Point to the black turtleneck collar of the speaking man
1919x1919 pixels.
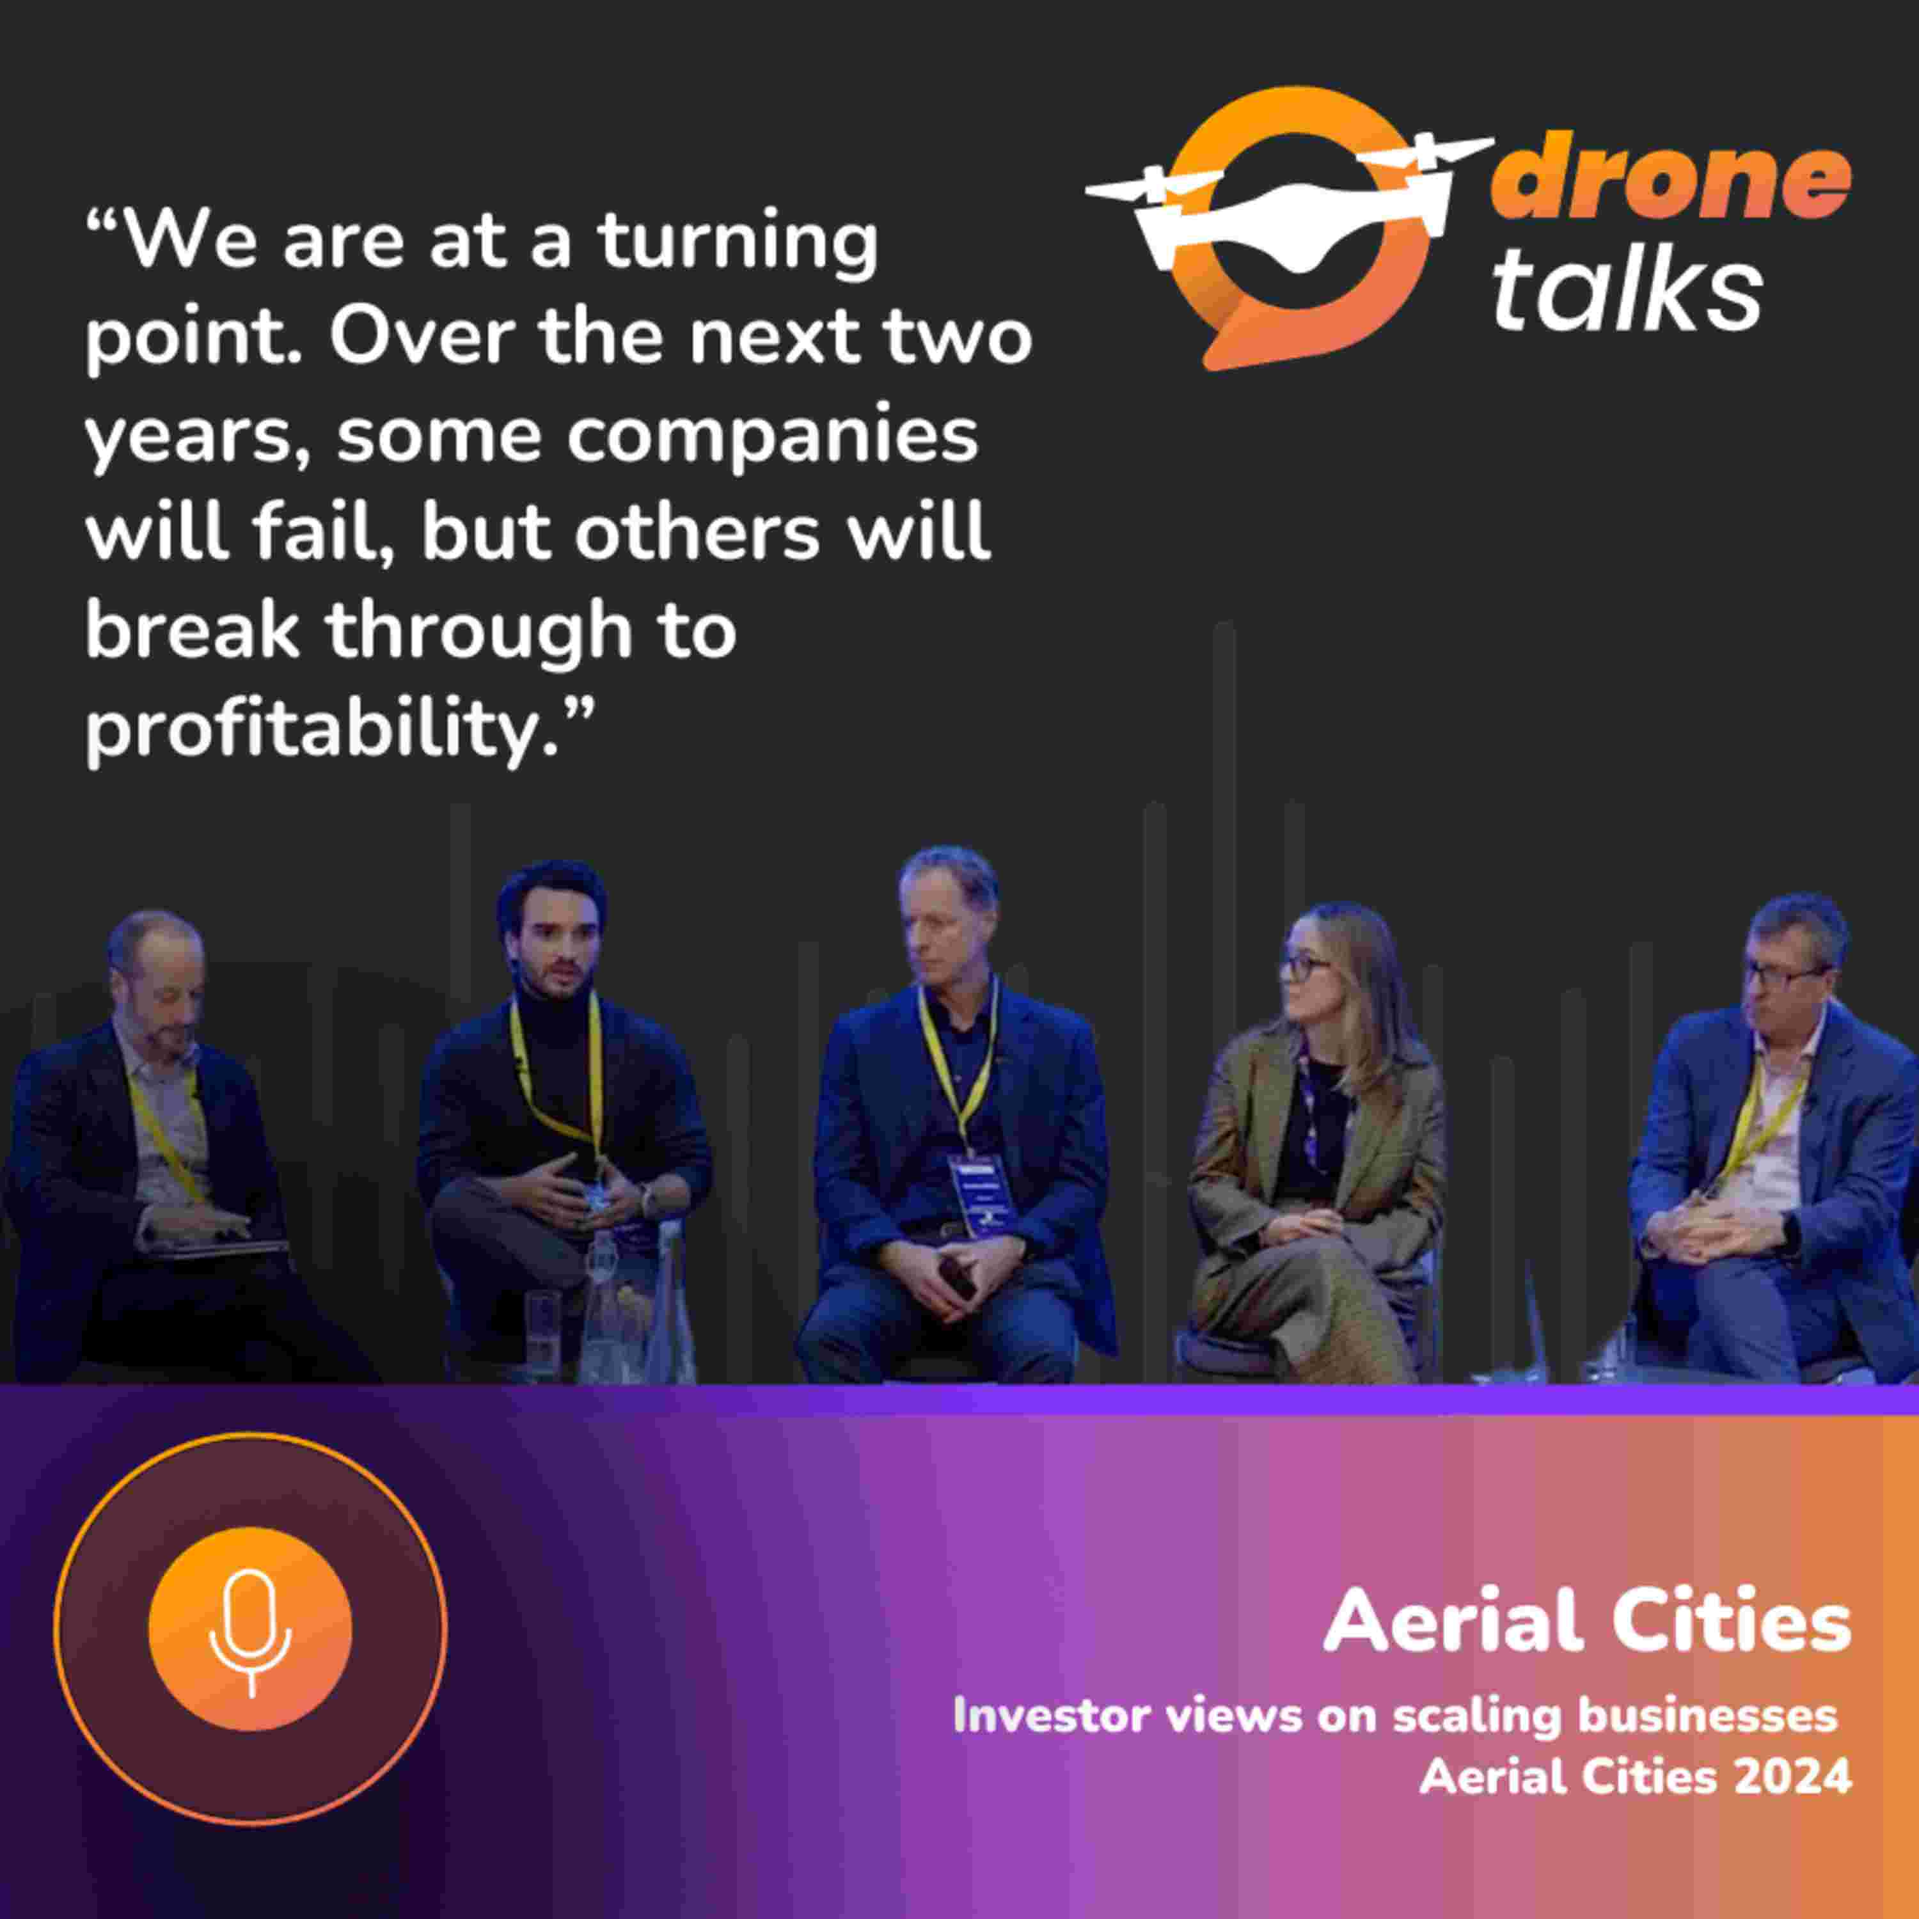click(x=557, y=1012)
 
